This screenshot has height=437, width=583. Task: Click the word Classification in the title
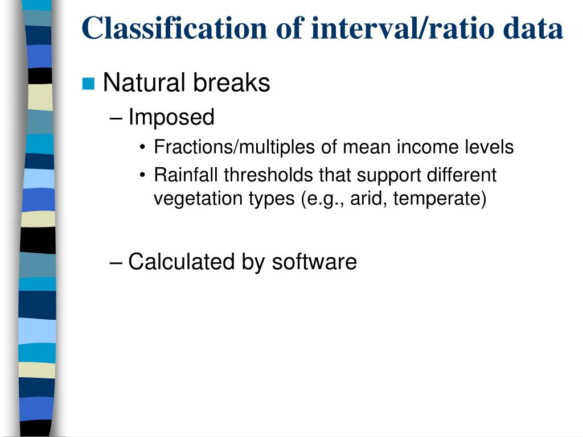click(175, 28)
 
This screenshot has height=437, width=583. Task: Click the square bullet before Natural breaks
click(88, 84)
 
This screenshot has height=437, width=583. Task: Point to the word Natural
click(144, 82)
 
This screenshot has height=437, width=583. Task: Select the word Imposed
click(171, 117)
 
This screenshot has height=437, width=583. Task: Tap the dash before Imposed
click(116, 119)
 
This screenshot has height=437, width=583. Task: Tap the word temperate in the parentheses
click(437, 199)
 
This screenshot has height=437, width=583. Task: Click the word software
click(314, 262)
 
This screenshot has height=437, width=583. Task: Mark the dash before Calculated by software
click(116, 263)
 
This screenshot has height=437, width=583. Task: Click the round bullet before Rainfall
click(142, 175)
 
